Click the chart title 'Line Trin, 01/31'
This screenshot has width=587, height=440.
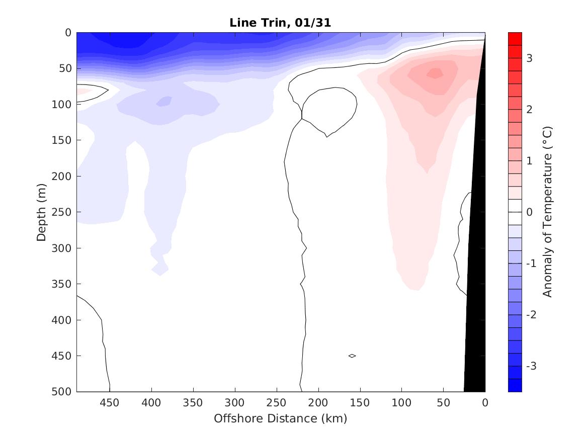(280, 23)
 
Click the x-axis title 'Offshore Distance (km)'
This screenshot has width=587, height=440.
(280, 418)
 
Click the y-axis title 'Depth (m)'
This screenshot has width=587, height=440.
(42, 212)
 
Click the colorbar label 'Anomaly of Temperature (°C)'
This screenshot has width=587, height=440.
(548, 212)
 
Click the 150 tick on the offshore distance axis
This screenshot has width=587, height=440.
(360, 403)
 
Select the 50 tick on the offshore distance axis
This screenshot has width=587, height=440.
(443, 403)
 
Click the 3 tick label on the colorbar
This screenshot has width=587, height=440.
(529, 58)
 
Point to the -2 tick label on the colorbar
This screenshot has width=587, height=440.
(531, 315)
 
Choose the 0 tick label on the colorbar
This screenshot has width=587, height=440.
(529, 212)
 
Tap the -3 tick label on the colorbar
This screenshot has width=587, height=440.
(531, 366)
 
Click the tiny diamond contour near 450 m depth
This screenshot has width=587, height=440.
(352, 356)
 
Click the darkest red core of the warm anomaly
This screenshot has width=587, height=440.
(435, 73)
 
